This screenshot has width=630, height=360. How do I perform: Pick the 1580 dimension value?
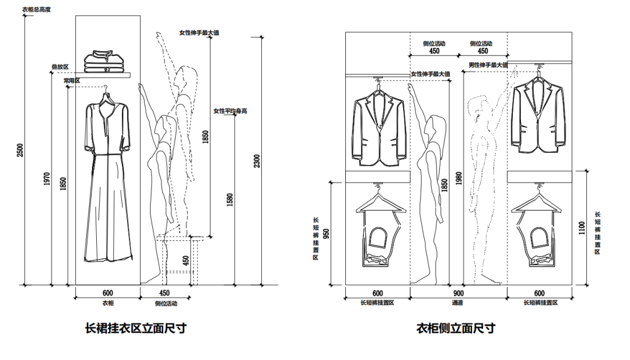pyautogui.click(x=230, y=199)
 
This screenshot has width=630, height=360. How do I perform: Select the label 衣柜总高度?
pyautogui.click(x=36, y=10)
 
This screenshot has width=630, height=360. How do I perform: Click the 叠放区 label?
pyautogui.click(x=61, y=68)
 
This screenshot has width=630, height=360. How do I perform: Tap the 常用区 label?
pyautogui.click(x=72, y=81)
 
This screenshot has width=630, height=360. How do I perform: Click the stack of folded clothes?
pyautogui.click(x=106, y=62)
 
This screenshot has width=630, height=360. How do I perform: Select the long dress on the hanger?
pyautogui.click(x=107, y=181)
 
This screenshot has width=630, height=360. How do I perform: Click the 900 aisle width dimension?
pyautogui.click(x=458, y=293)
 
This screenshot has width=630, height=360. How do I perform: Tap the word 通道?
pyautogui.click(x=458, y=303)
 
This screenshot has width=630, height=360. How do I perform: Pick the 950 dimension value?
pyautogui.click(x=326, y=233)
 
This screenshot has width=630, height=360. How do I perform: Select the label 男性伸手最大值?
pyautogui.click(x=488, y=65)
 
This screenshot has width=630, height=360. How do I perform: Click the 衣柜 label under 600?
pyautogui.click(x=108, y=303)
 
